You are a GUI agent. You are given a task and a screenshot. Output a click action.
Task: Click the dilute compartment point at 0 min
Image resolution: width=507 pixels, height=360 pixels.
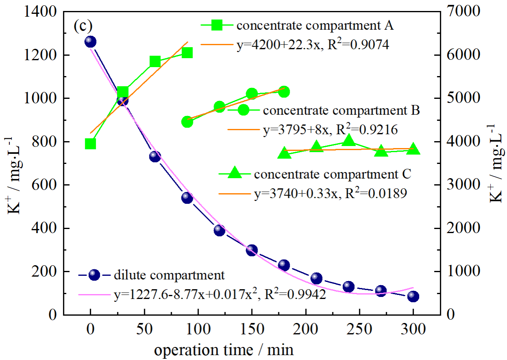[x=90, y=41]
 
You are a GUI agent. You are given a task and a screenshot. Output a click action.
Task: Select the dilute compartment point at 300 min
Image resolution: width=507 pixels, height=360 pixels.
[x=413, y=296]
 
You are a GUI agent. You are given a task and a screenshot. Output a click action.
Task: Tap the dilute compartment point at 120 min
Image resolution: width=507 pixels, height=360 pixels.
[x=219, y=231]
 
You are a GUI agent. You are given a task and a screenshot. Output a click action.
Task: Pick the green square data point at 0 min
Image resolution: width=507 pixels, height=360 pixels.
[x=90, y=144]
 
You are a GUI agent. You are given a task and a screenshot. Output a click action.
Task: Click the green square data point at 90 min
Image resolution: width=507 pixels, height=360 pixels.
[x=187, y=53]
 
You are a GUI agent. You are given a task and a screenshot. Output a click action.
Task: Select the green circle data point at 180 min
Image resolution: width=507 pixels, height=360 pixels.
[x=284, y=92]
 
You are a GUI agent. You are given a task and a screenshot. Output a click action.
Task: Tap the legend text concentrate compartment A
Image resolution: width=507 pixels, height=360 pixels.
[x=315, y=26]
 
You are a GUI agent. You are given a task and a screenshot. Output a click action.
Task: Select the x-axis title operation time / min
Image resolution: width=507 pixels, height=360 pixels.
[x=223, y=349]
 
